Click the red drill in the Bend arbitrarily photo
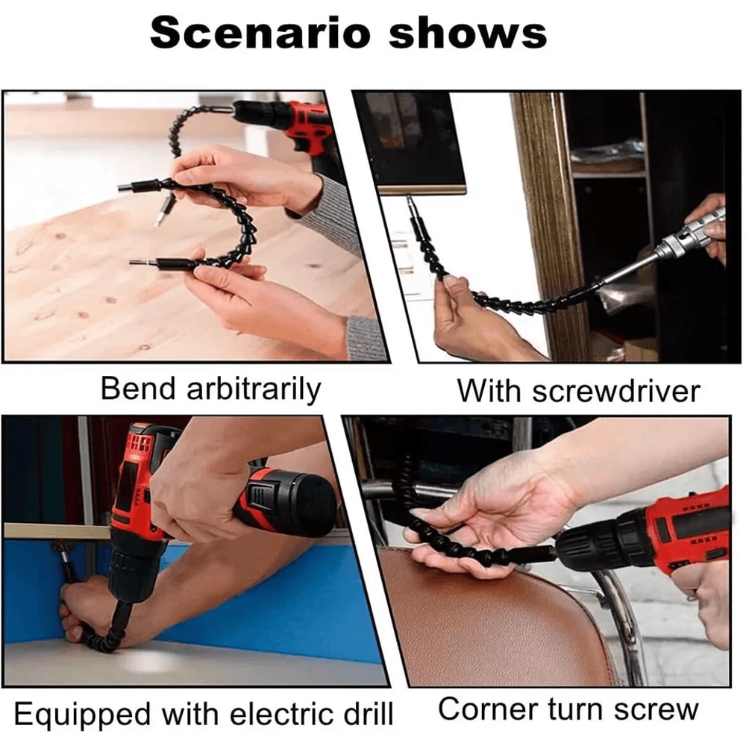(x=302, y=123)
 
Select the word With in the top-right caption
(x=485, y=390)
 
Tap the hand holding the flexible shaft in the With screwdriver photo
(x=466, y=317)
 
